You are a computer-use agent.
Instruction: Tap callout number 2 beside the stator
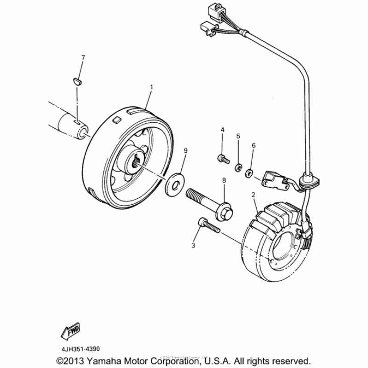point(253,195)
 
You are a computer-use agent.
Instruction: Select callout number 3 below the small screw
point(194,246)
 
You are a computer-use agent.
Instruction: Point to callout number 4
point(222,131)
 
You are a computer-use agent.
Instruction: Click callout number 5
point(238,136)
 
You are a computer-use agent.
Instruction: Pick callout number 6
point(253,145)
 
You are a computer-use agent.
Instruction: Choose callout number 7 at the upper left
point(83,57)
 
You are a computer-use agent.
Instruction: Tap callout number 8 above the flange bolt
point(224,181)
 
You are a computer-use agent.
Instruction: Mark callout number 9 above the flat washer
point(185,150)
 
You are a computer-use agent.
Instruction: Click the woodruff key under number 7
point(78,80)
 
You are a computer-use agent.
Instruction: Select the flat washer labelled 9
point(176,181)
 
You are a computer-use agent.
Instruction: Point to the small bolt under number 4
point(222,159)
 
